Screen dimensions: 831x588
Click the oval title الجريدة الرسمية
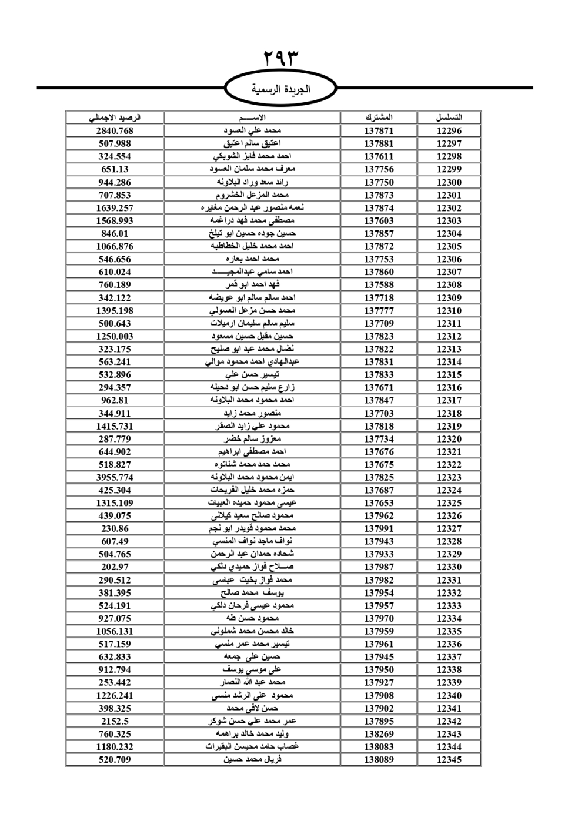coord(280,90)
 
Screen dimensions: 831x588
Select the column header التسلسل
coord(449,118)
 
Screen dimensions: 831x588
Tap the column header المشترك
coord(379,118)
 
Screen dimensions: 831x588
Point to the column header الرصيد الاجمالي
coord(115,118)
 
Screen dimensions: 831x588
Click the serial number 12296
coord(449,131)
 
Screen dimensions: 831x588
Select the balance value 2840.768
coord(115,131)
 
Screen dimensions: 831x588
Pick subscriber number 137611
coord(379,156)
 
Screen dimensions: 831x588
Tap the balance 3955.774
coord(115,477)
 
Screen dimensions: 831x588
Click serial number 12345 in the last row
coord(449,759)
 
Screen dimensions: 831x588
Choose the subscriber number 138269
coord(379,734)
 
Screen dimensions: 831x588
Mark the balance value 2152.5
coord(115,721)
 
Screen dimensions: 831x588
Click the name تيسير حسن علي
coord(252,374)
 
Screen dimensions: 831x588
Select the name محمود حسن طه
coord(252,618)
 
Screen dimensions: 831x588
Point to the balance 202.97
coord(115,567)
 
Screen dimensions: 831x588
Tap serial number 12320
coord(449,439)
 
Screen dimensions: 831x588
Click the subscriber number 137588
coord(379,285)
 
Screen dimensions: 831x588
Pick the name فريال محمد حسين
coord(252,759)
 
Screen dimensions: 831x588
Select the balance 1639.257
coord(115,208)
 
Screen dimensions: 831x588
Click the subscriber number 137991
coord(379,528)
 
